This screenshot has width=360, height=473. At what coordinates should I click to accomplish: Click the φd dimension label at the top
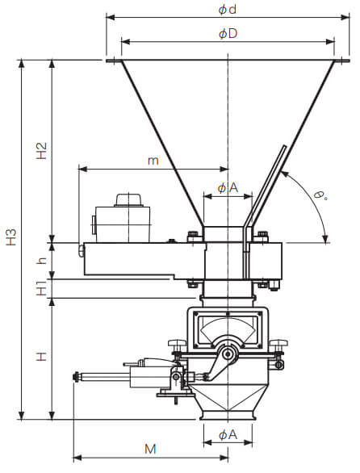pyautogui.click(x=228, y=10)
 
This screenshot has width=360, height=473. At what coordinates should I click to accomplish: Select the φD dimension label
pyautogui.click(x=228, y=33)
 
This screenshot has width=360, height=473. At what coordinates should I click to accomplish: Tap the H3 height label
pyautogui.click(x=11, y=237)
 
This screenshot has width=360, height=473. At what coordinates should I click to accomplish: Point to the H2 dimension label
pyautogui.click(x=42, y=151)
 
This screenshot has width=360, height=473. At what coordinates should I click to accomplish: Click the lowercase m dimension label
pyautogui.click(x=153, y=161)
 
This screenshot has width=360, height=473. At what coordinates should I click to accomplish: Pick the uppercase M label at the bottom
pyautogui.click(x=150, y=449)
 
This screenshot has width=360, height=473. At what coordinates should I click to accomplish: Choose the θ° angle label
pyautogui.click(x=320, y=195)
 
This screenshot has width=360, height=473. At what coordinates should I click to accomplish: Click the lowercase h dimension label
pyautogui.click(x=42, y=261)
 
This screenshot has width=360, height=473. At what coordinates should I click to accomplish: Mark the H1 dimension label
pyautogui.click(x=42, y=288)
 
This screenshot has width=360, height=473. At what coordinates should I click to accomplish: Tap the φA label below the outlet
pyautogui.click(x=228, y=435)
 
